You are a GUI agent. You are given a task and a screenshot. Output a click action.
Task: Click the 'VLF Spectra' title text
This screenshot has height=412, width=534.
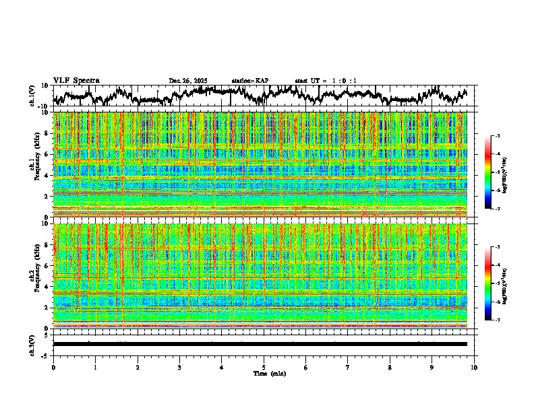click(76, 81)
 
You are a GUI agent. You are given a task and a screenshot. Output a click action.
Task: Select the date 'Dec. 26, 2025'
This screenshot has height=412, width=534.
click(188, 81)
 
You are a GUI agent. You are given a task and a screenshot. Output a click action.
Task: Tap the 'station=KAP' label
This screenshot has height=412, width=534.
click(250, 81)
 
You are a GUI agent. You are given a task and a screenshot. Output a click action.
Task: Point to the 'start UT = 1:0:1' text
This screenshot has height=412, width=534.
click(326, 81)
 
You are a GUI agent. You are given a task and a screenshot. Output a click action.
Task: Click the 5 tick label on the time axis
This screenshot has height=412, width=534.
click(264, 367)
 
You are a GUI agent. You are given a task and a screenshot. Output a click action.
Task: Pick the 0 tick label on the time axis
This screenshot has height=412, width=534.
click(53, 367)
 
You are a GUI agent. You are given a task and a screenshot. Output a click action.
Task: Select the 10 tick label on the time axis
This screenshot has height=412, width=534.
click(474, 367)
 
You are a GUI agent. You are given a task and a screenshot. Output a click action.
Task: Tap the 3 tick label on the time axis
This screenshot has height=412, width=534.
click(179, 367)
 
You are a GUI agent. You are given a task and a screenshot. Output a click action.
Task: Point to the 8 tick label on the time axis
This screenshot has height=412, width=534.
click(390, 367)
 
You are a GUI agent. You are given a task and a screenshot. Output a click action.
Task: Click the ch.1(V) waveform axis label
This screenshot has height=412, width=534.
click(32, 96)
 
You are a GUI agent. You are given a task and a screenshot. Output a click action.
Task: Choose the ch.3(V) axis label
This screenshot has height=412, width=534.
click(32, 344)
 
